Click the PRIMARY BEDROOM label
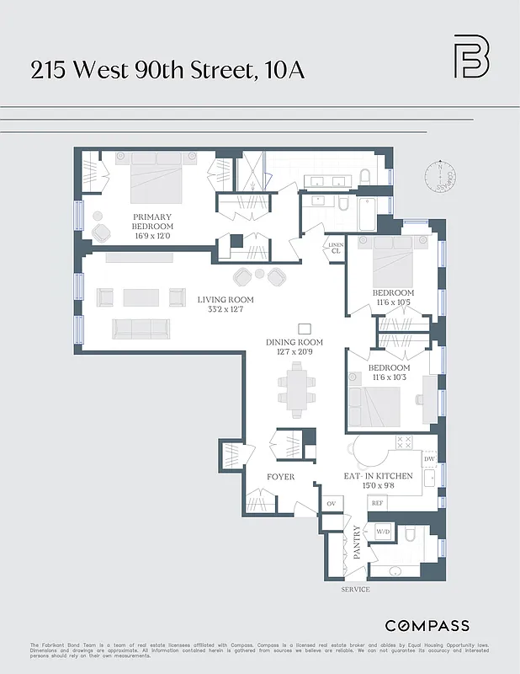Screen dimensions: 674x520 [x=152, y=222]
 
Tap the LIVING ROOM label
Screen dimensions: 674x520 [x=226, y=300]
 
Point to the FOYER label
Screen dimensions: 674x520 [x=281, y=477]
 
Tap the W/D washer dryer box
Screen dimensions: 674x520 [x=383, y=532]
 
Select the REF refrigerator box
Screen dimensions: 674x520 [x=378, y=503]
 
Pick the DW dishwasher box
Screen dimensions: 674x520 [x=428, y=458]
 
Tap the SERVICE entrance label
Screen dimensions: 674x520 [x=355, y=590]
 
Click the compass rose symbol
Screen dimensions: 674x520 [x=439, y=176]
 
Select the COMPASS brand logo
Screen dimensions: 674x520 [x=427, y=626]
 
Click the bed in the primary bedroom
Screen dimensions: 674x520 [x=157, y=179]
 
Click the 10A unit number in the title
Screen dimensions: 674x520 [x=284, y=70]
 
